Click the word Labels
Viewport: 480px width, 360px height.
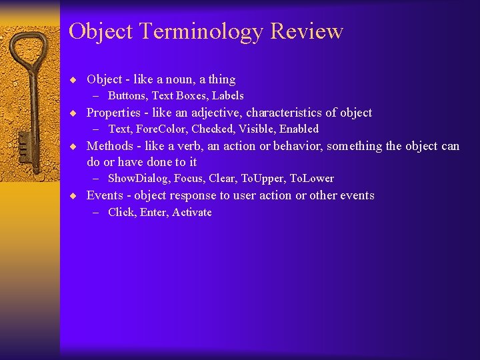[x=228, y=96]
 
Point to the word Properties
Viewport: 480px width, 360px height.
[x=113, y=113]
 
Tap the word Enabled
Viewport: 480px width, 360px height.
[x=299, y=129]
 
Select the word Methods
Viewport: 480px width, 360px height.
[x=110, y=146]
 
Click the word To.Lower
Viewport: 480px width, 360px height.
[x=312, y=179]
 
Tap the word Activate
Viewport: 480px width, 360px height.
[x=192, y=213]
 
